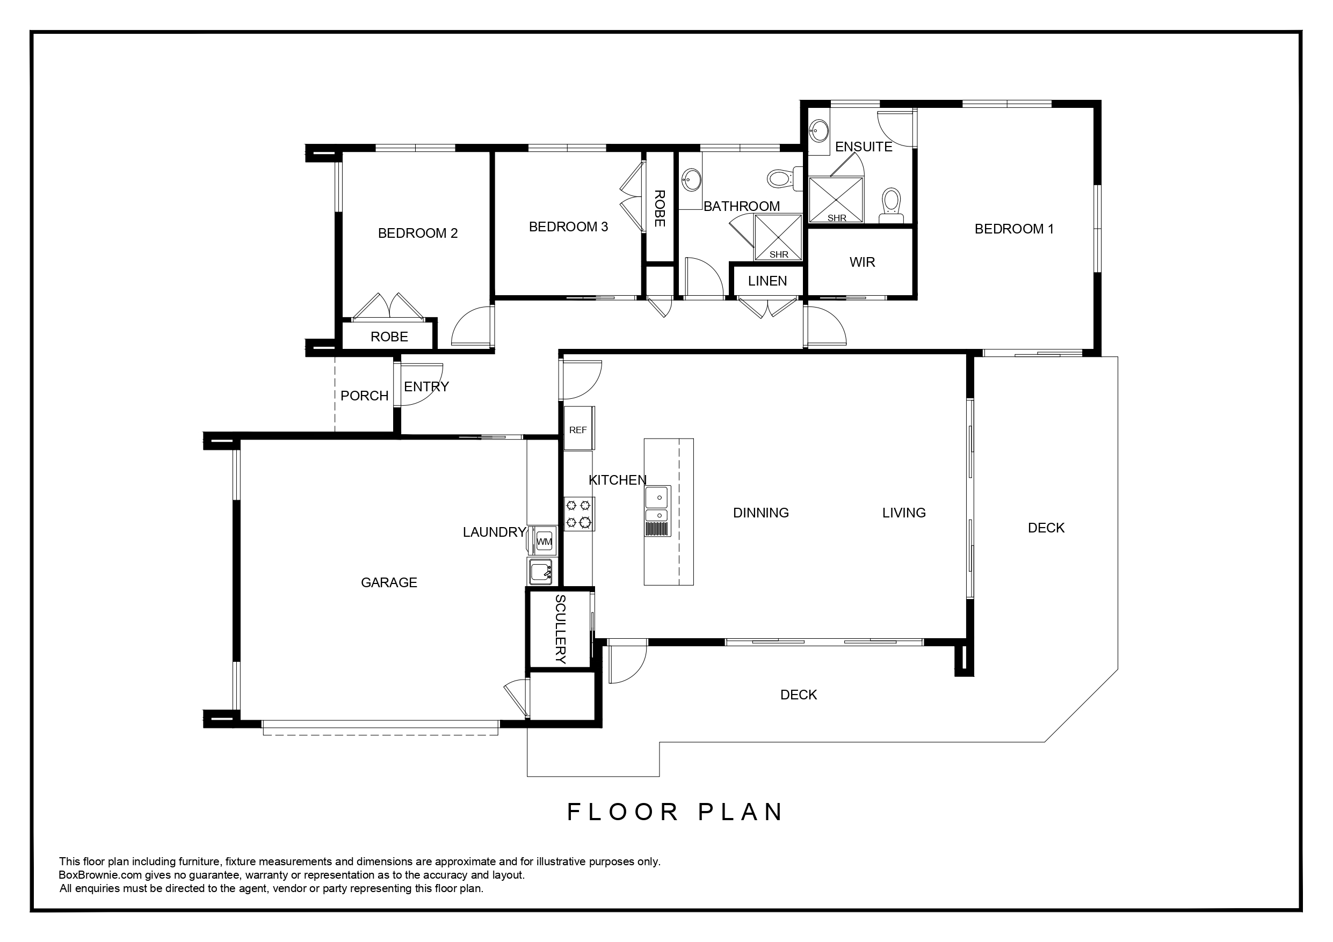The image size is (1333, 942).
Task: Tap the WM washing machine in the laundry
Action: (x=544, y=541)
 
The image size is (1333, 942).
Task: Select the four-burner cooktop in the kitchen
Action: (x=579, y=514)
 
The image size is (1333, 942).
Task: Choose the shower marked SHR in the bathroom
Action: (x=778, y=237)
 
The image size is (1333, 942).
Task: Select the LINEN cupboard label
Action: (x=767, y=281)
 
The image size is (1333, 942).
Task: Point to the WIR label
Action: (x=862, y=262)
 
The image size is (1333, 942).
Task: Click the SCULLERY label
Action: (x=560, y=629)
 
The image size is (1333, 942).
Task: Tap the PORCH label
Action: (x=365, y=396)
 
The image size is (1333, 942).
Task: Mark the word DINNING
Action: (x=760, y=513)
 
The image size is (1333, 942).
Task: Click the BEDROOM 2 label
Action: (x=417, y=233)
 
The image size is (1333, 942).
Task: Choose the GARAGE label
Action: (x=389, y=583)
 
